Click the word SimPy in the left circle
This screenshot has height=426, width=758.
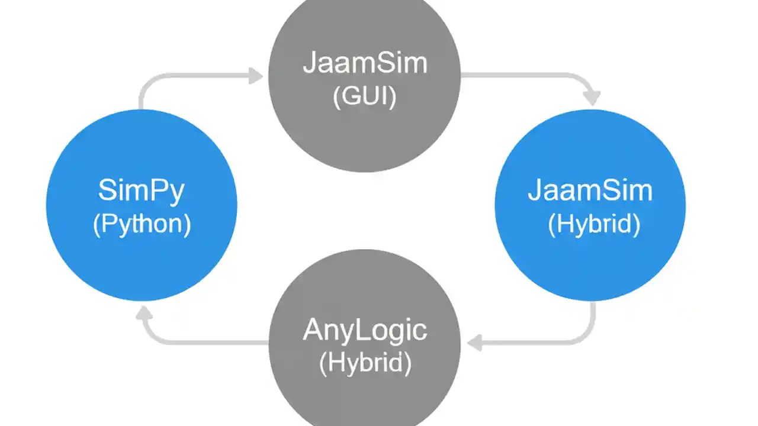click(x=141, y=191)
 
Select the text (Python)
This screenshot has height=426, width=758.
click(x=142, y=225)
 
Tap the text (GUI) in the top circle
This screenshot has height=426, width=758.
click(x=364, y=96)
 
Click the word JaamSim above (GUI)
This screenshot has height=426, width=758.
click(x=365, y=63)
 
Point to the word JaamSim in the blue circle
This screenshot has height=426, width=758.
click(x=590, y=191)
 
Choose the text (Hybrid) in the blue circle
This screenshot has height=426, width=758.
click(x=594, y=225)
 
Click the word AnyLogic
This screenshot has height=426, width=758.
click(x=365, y=329)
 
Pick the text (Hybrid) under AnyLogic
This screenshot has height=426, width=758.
click(x=365, y=363)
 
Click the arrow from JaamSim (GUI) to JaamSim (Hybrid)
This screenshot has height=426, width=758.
click(x=533, y=76)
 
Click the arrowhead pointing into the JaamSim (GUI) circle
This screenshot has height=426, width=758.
click(x=255, y=76)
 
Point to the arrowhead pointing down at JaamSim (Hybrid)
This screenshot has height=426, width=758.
click(x=591, y=98)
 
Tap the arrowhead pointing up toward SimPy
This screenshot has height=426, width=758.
click(x=144, y=314)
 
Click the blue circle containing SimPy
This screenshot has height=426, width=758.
click(x=142, y=260)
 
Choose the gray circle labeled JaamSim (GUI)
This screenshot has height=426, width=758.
click(x=364, y=136)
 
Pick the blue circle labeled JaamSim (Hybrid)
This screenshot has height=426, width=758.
click(x=590, y=266)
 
